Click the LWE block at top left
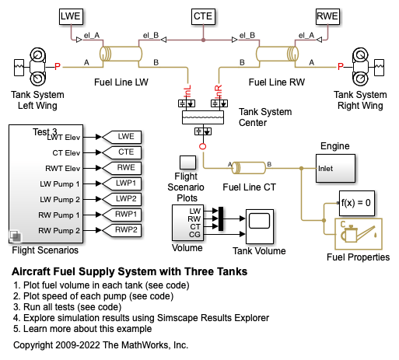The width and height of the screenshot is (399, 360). click(71, 16)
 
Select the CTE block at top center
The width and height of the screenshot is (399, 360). click(203, 16)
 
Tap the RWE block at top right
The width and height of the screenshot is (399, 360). click(327, 16)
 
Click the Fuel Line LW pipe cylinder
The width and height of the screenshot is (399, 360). click(121, 54)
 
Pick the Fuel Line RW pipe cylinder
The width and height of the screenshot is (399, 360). click(277, 54)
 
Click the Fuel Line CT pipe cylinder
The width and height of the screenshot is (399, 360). click(248, 168)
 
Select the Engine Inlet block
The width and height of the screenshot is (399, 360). click(335, 169)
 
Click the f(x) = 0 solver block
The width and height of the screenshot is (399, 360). click(357, 203)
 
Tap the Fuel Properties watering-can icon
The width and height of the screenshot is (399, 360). click(359, 234)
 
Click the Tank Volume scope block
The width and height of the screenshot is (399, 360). click(260, 226)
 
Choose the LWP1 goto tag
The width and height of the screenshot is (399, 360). click(122, 183)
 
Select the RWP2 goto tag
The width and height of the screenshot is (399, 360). click(122, 230)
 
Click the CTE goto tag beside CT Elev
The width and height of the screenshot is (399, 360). click(122, 152)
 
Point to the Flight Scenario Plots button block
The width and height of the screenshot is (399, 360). click(187, 163)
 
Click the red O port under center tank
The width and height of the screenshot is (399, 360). click(203, 146)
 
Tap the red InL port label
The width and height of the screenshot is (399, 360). click(187, 91)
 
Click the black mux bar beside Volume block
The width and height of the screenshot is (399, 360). click(221, 218)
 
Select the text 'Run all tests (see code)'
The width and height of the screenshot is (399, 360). click(72, 307)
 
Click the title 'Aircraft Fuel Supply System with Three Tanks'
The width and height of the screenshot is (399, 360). click(129, 271)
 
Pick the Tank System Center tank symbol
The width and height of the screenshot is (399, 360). click(203, 117)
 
